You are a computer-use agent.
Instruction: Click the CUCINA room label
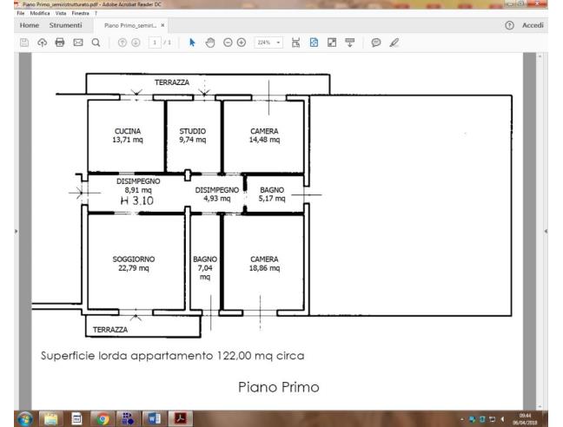[127, 131]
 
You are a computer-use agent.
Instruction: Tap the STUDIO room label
[192, 131]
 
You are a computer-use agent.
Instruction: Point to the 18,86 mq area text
[264, 268]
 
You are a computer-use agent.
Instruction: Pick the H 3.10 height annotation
[137, 200]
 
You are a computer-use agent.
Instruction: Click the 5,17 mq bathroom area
[272, 198]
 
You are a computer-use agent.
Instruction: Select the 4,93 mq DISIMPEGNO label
[216, 198]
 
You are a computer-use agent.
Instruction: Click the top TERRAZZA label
[172, 82]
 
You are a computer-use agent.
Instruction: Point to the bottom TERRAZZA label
[110, 329]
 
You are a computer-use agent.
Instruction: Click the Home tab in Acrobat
[29, 25]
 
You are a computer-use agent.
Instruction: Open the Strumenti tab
[66, 25]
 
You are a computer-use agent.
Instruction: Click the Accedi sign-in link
[533, 25]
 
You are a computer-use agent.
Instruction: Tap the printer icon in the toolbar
[59, 42]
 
